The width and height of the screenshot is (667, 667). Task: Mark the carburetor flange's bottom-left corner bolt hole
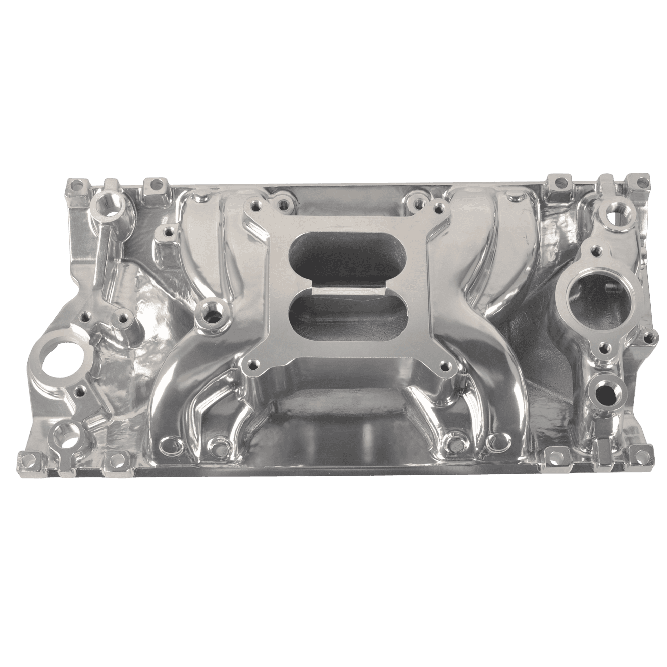click(250, 367)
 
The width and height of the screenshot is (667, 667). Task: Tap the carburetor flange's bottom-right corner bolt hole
click(444, 367)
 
